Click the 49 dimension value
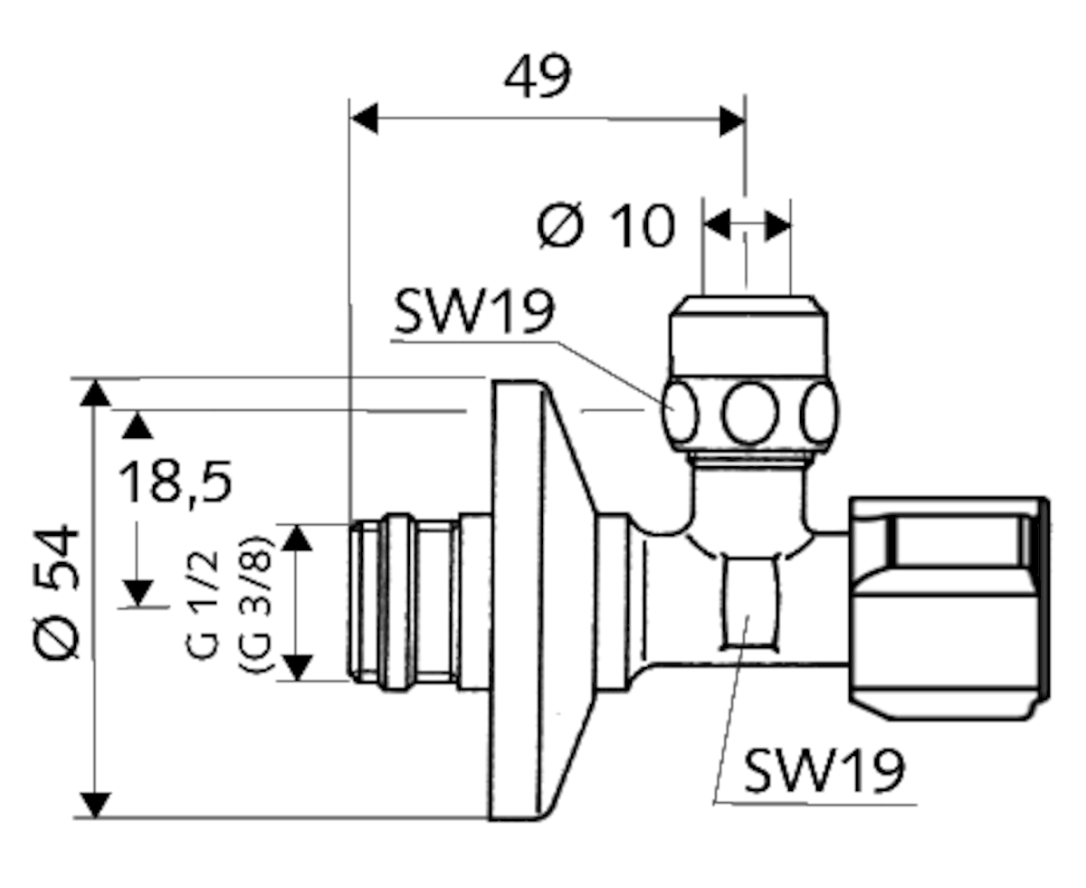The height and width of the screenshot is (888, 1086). [538, 78]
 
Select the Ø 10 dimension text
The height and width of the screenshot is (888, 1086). [605, 225]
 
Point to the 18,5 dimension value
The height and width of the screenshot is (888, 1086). [176, 482]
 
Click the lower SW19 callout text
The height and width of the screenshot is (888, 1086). [824, 771]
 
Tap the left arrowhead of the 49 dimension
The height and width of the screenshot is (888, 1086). [364, 119]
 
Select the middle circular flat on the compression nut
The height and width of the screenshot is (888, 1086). [750, 413]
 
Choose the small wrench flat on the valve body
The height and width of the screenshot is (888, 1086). [748, 603]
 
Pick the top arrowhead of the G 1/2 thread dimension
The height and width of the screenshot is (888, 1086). [298, 538]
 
